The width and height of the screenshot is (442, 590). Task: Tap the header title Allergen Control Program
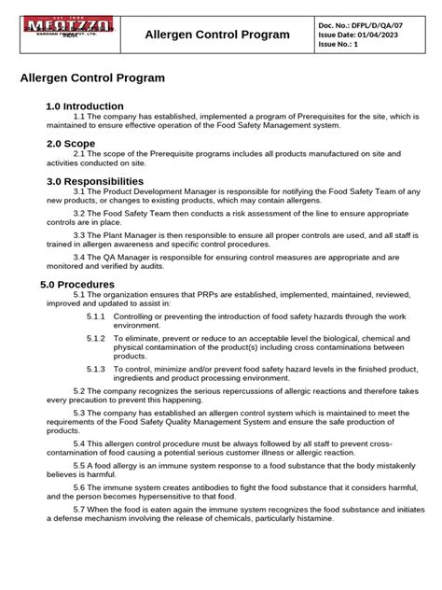click(216, 35)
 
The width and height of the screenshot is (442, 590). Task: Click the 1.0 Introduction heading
click(85, 106)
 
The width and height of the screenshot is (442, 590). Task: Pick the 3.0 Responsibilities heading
click(95, 181)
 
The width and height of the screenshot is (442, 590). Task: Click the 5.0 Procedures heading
click(80, 284)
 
